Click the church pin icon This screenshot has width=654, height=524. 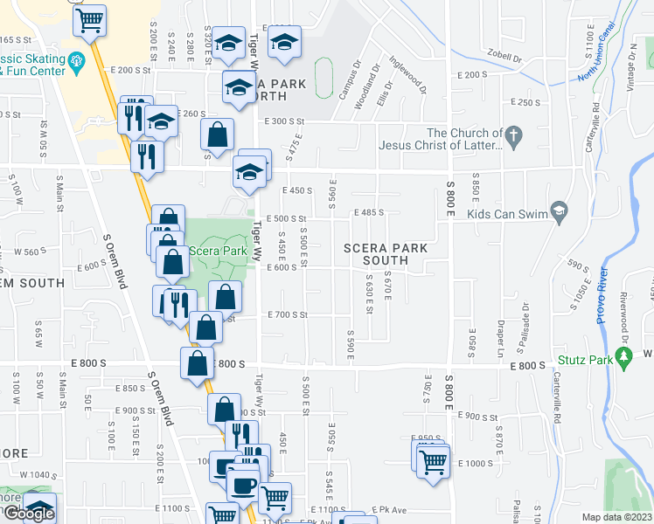point(513,135)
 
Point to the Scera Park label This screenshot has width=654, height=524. point(218,251)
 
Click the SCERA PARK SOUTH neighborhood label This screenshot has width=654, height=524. point(386,254)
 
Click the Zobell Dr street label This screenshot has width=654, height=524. point(504,59)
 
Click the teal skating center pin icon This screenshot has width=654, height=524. point(76,61)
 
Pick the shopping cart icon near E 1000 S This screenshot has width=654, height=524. point(434,463)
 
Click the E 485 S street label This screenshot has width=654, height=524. point(369,212)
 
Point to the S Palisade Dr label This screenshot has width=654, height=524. point(525,323)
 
